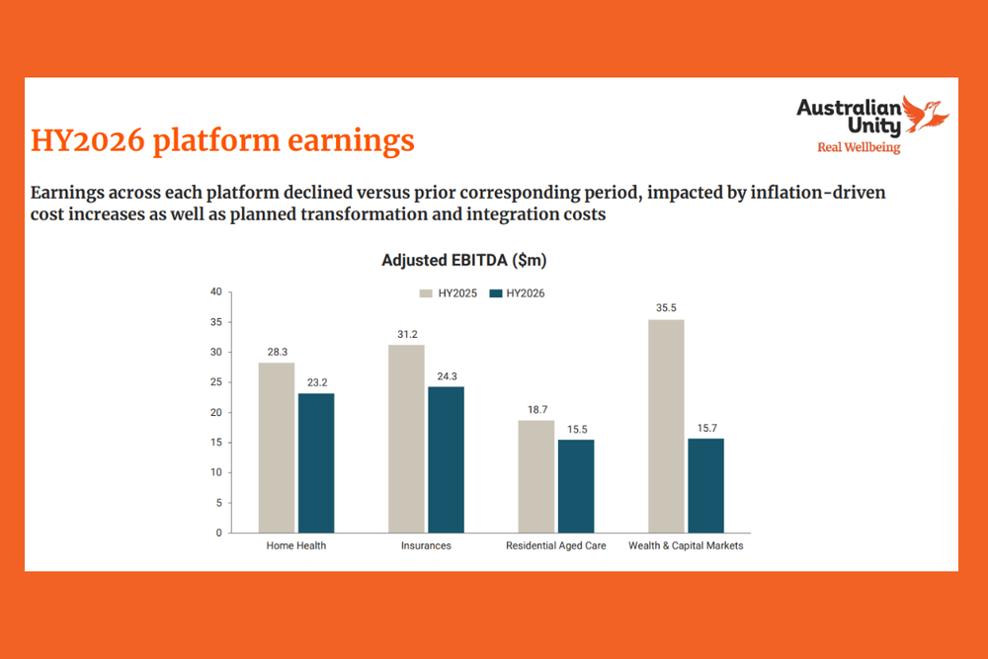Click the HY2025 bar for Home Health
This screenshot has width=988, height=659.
point(276,448)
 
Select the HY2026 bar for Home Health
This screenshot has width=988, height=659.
point(316,462)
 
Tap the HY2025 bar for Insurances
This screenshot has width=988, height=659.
point(406,439)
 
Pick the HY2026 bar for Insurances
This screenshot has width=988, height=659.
point(446,459)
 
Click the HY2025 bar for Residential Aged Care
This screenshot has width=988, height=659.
point(536,476)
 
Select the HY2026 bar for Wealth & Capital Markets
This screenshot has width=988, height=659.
point(705,485)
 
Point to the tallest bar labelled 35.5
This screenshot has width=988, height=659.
point(666,426)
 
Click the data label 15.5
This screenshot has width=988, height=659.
point(576,429)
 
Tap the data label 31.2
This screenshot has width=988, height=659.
point(406,334)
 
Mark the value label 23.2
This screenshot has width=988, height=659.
point(316,382)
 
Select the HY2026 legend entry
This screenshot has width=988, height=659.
point(518,292)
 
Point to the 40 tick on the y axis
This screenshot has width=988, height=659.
point(215,291)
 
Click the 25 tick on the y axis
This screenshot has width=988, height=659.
point(215,382)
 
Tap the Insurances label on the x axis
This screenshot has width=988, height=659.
point(426,545)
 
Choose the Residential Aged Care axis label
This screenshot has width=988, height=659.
point(556,545)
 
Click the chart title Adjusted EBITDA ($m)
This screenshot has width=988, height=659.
point(463,261)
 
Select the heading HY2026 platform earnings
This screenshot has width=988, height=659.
point(222,140)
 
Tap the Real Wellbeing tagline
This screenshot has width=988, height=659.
point(858,147)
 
